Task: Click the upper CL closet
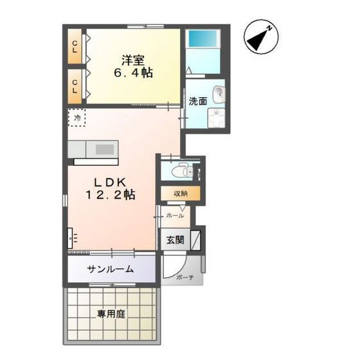75,46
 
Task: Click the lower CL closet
75,86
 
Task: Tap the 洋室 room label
133,60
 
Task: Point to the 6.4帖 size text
134,73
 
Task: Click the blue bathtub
203,39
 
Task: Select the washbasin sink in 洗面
219,94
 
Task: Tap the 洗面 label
198,102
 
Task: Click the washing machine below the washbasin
216,118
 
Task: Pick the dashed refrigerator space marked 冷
76,118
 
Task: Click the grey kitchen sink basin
105,149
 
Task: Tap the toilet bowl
182,171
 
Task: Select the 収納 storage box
180,194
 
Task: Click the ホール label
175,216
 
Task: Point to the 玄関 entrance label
175,240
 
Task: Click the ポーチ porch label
185,278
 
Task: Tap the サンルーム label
111,269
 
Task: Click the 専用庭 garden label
111,314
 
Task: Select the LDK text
110,183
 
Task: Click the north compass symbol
261,37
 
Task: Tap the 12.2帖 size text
111,195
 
